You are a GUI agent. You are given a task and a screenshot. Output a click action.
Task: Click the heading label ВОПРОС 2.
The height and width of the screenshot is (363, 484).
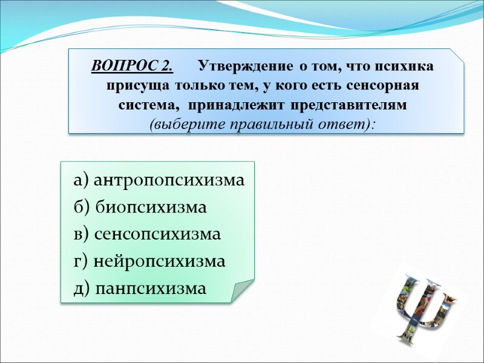pos(132,65)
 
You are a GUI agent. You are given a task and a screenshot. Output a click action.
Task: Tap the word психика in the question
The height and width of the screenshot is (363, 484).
pos(408,65)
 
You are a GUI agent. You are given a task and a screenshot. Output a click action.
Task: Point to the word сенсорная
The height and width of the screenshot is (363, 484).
pos(375,85)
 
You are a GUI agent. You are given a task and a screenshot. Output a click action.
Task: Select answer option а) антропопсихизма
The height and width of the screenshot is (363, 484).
pos(159,180)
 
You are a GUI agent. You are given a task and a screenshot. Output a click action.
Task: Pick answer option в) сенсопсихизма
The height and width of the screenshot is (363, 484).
pos(147,235)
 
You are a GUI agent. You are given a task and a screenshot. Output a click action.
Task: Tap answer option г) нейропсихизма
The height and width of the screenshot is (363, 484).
pos(149,262)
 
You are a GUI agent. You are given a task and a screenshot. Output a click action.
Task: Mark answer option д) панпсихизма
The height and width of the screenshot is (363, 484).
pos(140,289)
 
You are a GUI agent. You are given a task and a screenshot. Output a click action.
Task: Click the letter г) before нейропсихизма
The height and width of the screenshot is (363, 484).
pos(81,262)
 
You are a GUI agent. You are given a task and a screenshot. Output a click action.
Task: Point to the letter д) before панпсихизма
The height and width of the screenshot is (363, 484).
pos(82,289)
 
